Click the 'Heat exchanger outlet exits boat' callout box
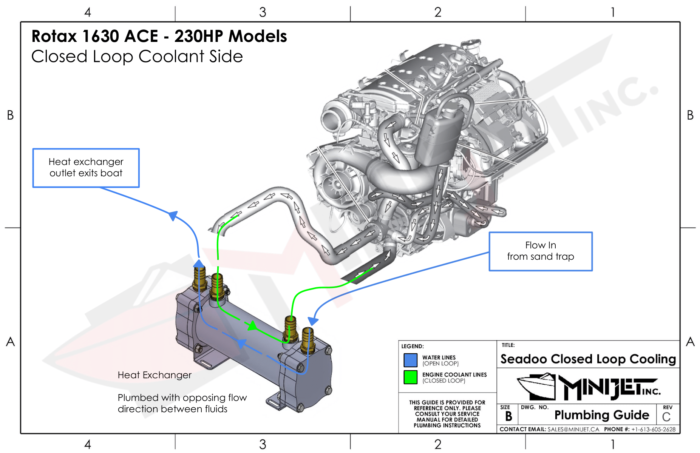pyautogui.click(x=86, y=168)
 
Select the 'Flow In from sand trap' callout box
pyautogui.click(x=541, y=251)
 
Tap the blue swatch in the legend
pyautogui.click(x=410, y=360)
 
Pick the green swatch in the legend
pyautogui.click(x=410, y=377)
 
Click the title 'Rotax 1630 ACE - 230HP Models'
pyautogui.click(x=159, y=36)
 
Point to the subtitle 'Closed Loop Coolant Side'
pyautogui.click(x=137, y=57)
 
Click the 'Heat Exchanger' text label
pyautogui.click(x=155, y=375)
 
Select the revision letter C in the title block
pyautogui.click(x=666, y=417)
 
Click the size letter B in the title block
pyautogui.click(x=508, y=416)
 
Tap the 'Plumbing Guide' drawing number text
pyautogui.click(x=601, y=415)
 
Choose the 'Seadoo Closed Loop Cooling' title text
pyautogui.click(x=588, y=359)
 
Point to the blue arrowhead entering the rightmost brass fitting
pyautogui.click(x=313, y=321)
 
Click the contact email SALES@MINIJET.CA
pyautogui.click(x=573, y=429)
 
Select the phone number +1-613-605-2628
pyautogui.click(x=653, y=429)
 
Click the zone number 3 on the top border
pyautogui.click(x=263, y=12)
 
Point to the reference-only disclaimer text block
pyautogui.click(x=447, y=414)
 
